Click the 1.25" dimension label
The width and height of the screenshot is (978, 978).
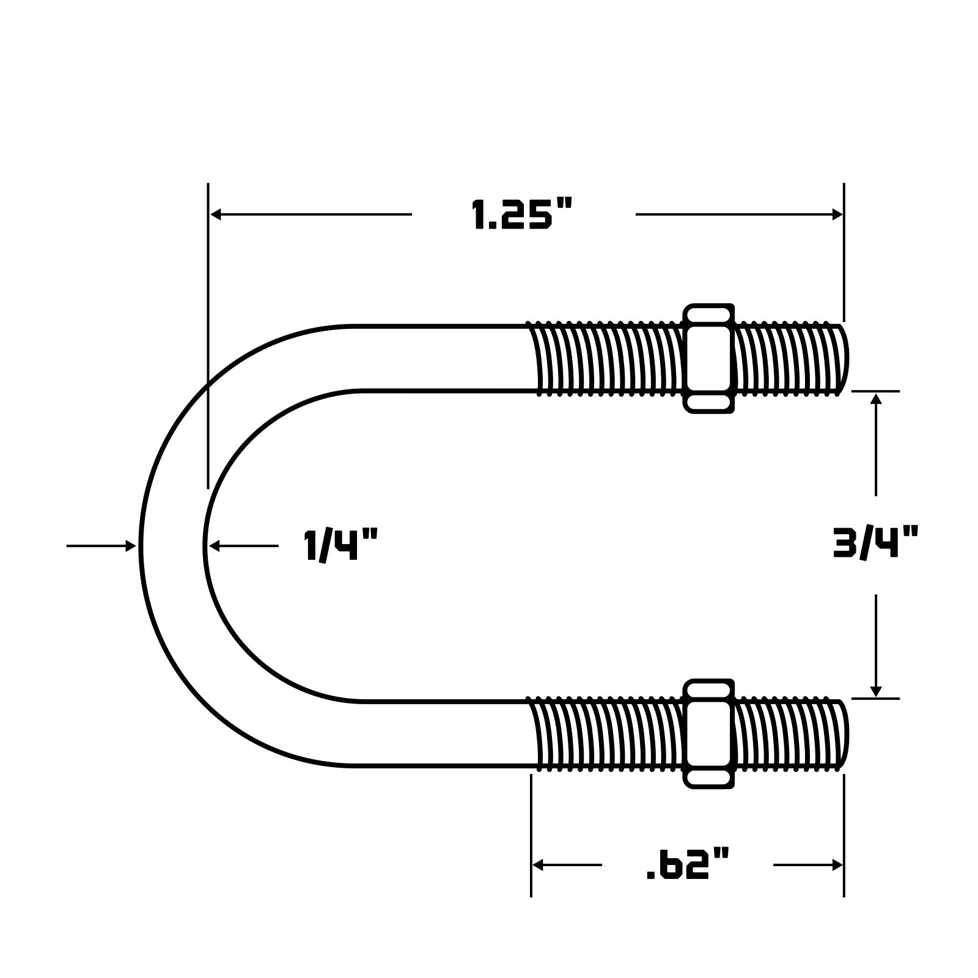click(x=523, y=215)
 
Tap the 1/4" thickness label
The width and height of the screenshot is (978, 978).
click(x=341, y=545)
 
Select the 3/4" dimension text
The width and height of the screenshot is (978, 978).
click(x=875, y=543)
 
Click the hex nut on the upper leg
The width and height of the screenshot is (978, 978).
click(x=708, y=359)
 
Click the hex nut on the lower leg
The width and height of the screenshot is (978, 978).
click(x=708, y=733)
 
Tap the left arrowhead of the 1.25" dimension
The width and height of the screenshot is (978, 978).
click(x=216, y=215)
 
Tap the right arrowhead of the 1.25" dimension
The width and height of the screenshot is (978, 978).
click(x=837, y=215)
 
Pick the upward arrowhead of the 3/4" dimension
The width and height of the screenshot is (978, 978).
click(x=876, y=399)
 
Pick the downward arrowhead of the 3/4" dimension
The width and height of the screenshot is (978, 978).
click(x=876, y=690)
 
